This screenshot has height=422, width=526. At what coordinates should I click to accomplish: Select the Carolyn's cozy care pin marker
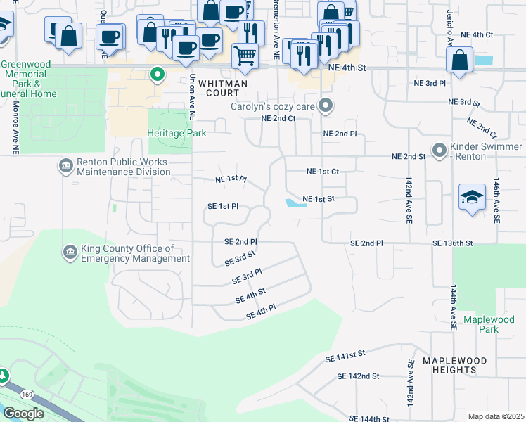[325, 107]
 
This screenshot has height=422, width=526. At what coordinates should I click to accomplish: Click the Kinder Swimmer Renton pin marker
[440, 150]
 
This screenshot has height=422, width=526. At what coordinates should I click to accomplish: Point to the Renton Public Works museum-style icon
[66, 167]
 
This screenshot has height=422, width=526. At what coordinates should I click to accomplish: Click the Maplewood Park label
[480, 324]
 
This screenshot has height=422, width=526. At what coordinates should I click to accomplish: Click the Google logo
[23, 413]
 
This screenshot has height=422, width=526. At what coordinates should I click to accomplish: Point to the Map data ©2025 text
[496, 416]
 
